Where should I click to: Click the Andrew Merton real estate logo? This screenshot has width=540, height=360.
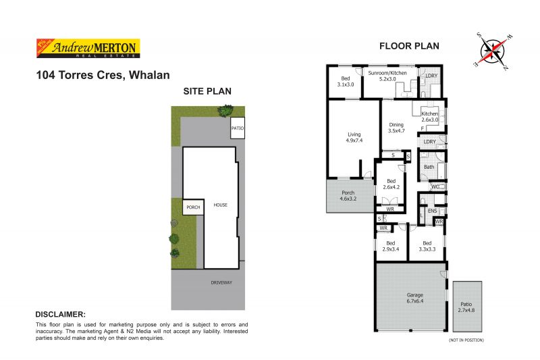pyautogui.click(x=86, y=48)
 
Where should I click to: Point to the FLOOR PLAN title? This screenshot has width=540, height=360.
pyautogui.click(x=409, y=47)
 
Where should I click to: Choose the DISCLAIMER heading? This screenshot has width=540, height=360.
pyautogui.click(x=60, y=315)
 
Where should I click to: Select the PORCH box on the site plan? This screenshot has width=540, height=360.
pyautogui.click(x=194, y=207)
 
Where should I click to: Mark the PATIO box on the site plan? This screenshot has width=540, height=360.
pyautogui.click(x=237, y=128)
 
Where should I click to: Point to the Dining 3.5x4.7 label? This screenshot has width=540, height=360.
pyautogui.click(x=396, y=128)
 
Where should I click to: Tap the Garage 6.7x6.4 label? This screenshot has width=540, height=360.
pyautogui.click(x=414, y=299)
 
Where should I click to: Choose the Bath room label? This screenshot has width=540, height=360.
pyautogui.click(x=429, y=167)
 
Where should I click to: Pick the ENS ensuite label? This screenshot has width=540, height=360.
pyautogui.click(x=433, y=211)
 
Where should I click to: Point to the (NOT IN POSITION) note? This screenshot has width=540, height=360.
pyautogui.click(x=466, y=340)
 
